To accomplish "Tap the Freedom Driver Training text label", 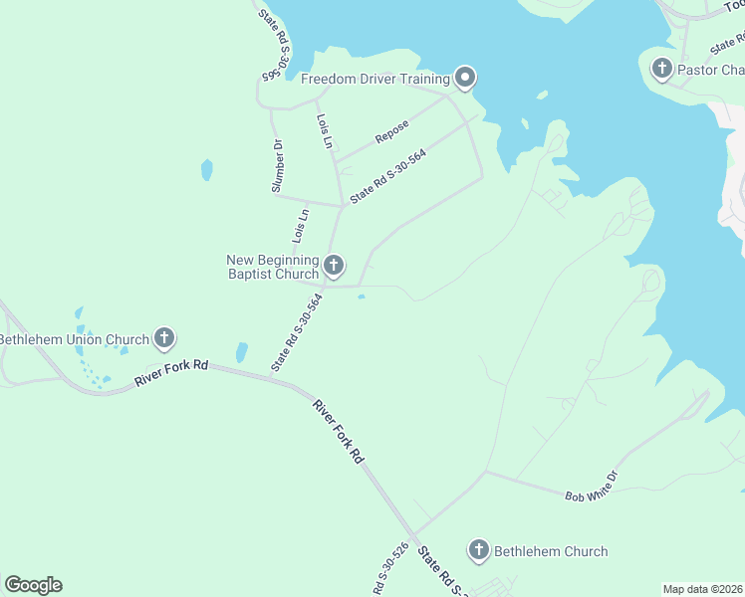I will point(375,79).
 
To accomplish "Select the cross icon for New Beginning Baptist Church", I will point(334,265).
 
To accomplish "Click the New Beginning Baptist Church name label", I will point(272,267).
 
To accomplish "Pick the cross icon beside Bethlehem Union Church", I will point(164,339).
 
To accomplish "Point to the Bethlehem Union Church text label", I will point(74,339).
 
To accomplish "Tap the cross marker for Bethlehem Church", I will point(479,550).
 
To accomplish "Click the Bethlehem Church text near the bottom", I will point(551,551).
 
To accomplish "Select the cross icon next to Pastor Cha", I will point(661,70).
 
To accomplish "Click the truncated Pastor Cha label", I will point(710,70).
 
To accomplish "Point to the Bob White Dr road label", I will point(592,485).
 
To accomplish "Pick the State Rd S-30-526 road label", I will point(391,568).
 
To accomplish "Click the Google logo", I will point(33,584).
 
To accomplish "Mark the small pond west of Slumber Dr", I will point(206,169).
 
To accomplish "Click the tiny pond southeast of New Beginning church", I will point(361,296).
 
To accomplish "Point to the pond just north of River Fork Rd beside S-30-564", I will point(241,352).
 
